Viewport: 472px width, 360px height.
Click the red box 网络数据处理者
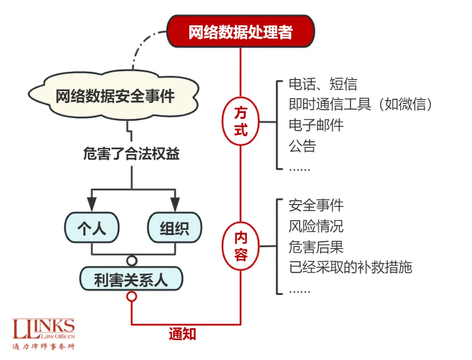tap(240, 32)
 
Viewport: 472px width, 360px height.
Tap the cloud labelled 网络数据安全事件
tap(115, 97)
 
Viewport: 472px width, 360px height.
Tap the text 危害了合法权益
tap(131, 154)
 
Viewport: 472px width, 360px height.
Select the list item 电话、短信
tap(323, 84)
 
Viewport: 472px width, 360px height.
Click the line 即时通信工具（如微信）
tap(361, 104)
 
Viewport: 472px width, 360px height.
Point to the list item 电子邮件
tap(316, 125)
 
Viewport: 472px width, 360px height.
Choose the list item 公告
tap(302, 145)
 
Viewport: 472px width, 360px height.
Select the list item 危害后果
tap(316, 247)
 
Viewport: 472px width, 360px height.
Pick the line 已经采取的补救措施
tap(350, 267)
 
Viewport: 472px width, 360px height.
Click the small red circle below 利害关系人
tap(131, 297)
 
